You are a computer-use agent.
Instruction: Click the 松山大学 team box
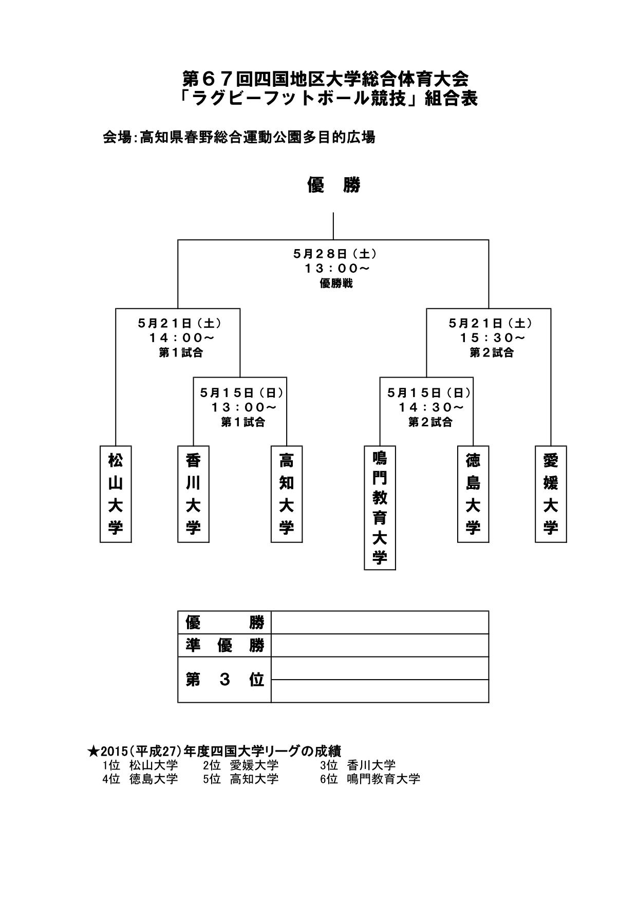pyautogui.click(x=116, y=494)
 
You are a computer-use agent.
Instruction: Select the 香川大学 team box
pyautogui.click(x=193, y=494)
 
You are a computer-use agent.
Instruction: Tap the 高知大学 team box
pyautogui.click(x=286, y=494)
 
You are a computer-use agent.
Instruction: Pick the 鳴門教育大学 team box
pyautogui.click(x=380, y=508)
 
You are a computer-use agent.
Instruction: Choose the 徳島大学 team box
pyautogui.click(x=473, y=494)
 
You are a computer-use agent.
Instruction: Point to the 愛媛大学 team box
pyautogui.click(x=551, y=494)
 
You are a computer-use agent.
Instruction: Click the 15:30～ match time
pyautogui.click(x=492, y=338)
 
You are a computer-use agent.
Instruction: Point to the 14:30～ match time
pyautogui.click(x=430, y=407)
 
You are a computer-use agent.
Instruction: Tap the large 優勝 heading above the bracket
pyautogui.click(x=334, y=185)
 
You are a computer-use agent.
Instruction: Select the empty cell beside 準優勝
pyautogui.click(x=380, y=645)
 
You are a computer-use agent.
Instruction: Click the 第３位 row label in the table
pyautogui.click(x=224, y=680)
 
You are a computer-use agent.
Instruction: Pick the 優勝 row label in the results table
pyautogui.click(x=224, y=623)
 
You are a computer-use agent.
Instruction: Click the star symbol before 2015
pyautogui.click(x=93, y=752)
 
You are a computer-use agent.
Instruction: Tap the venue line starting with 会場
pyautogui.click(x=239, y=138)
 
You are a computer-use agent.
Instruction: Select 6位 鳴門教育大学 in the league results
pyautogui.click(x=370, y=779)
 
